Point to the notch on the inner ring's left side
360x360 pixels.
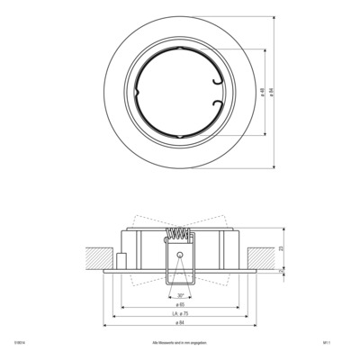coord(131,92)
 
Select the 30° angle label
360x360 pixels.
coord(180,294)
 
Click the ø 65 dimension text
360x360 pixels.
coord(180,304)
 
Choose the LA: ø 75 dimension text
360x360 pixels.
coord(180,314)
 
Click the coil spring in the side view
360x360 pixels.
coord(180,237)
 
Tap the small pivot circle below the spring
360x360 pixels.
coord(180,255)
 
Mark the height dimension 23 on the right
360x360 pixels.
coord(283,247)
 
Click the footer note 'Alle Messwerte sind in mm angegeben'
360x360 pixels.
coord(180,343)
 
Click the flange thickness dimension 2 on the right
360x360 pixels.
coord(283,268)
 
